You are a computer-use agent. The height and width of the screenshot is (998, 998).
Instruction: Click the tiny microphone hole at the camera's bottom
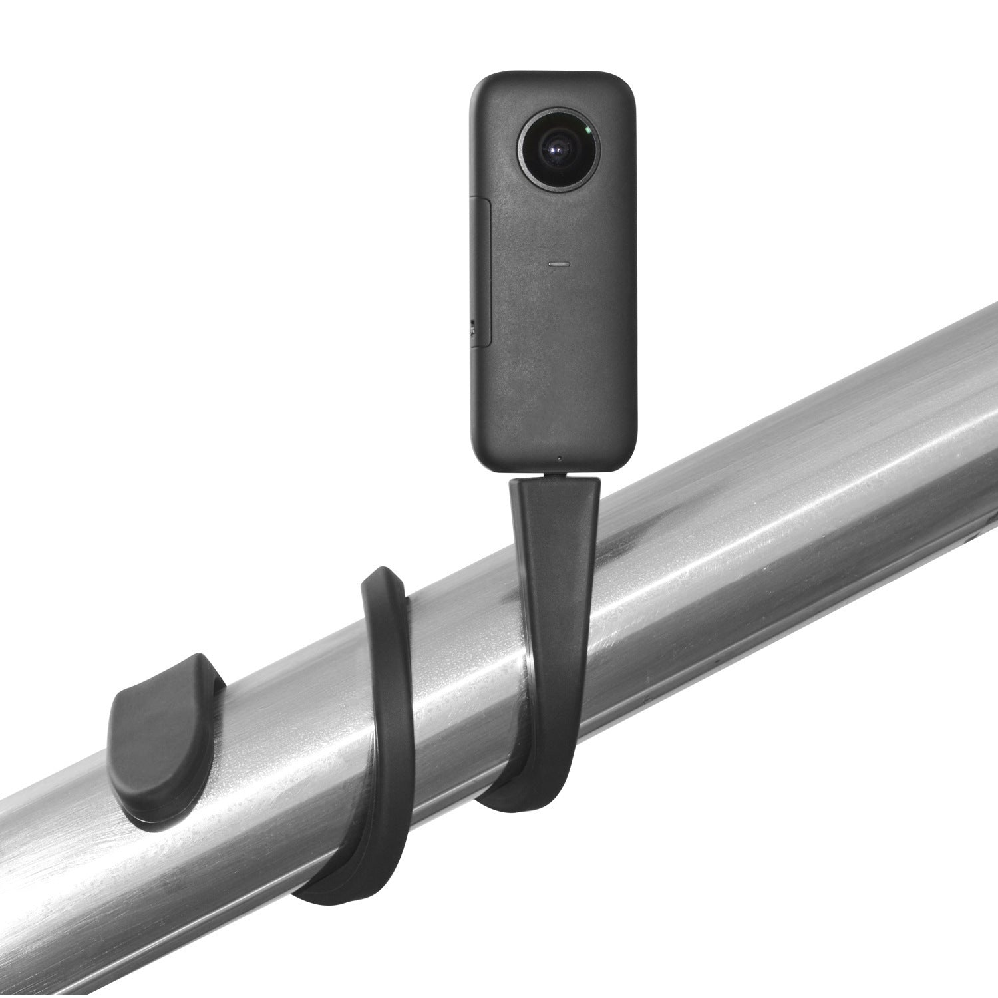560,458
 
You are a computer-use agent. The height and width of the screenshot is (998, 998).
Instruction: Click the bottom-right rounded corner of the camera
629,459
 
